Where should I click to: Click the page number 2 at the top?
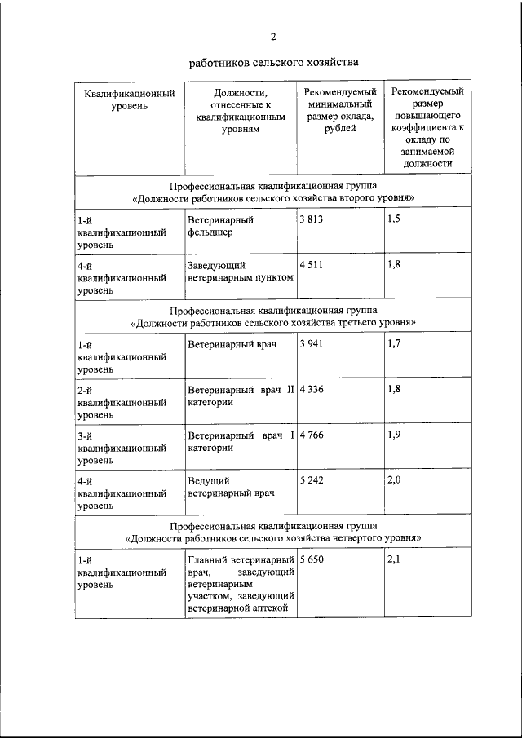pos(273,36)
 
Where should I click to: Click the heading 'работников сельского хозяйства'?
pos(273,62)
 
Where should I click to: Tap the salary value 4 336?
pos(312,390)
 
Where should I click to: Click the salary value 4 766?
pos(312,435)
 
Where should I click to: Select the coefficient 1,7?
pos(395,344)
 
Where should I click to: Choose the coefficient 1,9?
pos(395,435)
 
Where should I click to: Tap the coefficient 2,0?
pos(395,481)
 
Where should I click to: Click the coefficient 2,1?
pos(395,560)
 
